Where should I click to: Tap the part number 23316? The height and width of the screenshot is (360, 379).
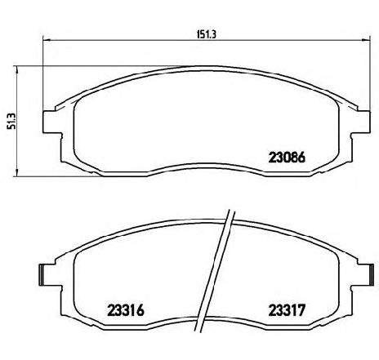126,309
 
